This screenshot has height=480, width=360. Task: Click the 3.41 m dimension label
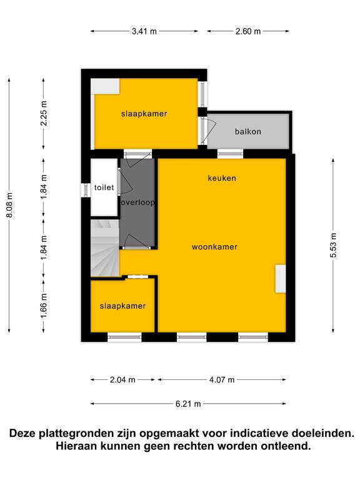[x=144, y=31]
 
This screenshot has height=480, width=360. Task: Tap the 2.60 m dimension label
[x=248, y=31]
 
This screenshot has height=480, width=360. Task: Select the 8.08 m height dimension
[x=9, y=206]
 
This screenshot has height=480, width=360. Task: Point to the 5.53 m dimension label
[x=333, y=245]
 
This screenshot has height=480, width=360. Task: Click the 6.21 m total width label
[x=188, y=404]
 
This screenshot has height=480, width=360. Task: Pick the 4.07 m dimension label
[x=222, y=380]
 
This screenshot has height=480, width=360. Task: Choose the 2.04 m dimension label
[x=122, y=380]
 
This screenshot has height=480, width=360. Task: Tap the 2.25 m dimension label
[x=44, y=113]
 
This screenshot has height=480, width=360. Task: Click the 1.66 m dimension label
[x=44, y=306]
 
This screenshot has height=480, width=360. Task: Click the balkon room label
[x=248, y=132]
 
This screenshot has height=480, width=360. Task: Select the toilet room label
[x=104, y=187]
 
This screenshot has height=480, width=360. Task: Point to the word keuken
[x=222, y=178]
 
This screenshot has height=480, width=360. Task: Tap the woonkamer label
[x=214, y=247]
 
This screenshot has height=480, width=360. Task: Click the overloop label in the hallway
[x=137, y=202]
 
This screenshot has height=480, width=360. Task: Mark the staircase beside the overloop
[x=105, y=248]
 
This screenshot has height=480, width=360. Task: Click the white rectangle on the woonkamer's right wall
[x=281, y=279]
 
